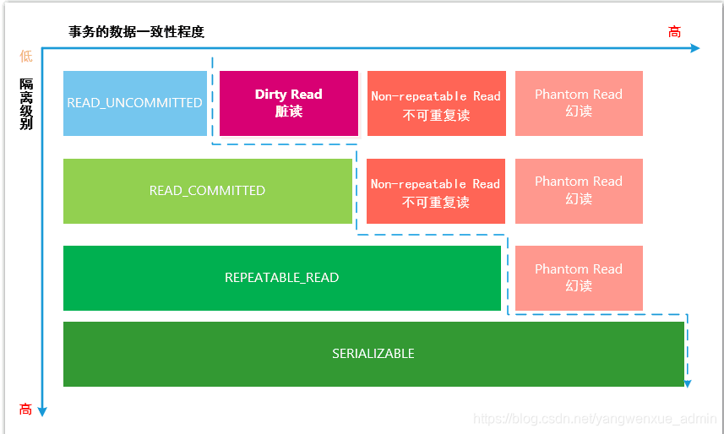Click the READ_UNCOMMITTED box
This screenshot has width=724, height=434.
point(135,103)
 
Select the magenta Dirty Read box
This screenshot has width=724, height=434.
point(289,103)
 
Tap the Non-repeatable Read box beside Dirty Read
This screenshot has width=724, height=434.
point(436,103)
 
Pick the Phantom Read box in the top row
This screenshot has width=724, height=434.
point(579,103)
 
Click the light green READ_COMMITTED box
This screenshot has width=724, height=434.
point(207,191)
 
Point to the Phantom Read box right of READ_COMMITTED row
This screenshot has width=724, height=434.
point(579,191)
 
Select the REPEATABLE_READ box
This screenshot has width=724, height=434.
point(282,278)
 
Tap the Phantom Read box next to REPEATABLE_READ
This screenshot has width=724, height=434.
point(579,278)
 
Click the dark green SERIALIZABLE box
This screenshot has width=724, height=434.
point(373,354)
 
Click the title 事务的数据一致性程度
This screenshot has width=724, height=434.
point(137,32)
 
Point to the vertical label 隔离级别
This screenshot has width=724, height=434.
point(26,104)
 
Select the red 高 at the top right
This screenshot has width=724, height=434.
point(674,32)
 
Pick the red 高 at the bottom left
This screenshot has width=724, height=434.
point(26,410)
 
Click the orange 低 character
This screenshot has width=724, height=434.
point(26,56)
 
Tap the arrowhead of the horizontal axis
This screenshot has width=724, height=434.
point(695,48)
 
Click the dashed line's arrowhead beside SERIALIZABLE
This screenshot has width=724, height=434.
point(688,383)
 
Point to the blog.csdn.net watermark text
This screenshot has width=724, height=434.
point(595,419)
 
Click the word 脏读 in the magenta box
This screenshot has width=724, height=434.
point(289,111)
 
